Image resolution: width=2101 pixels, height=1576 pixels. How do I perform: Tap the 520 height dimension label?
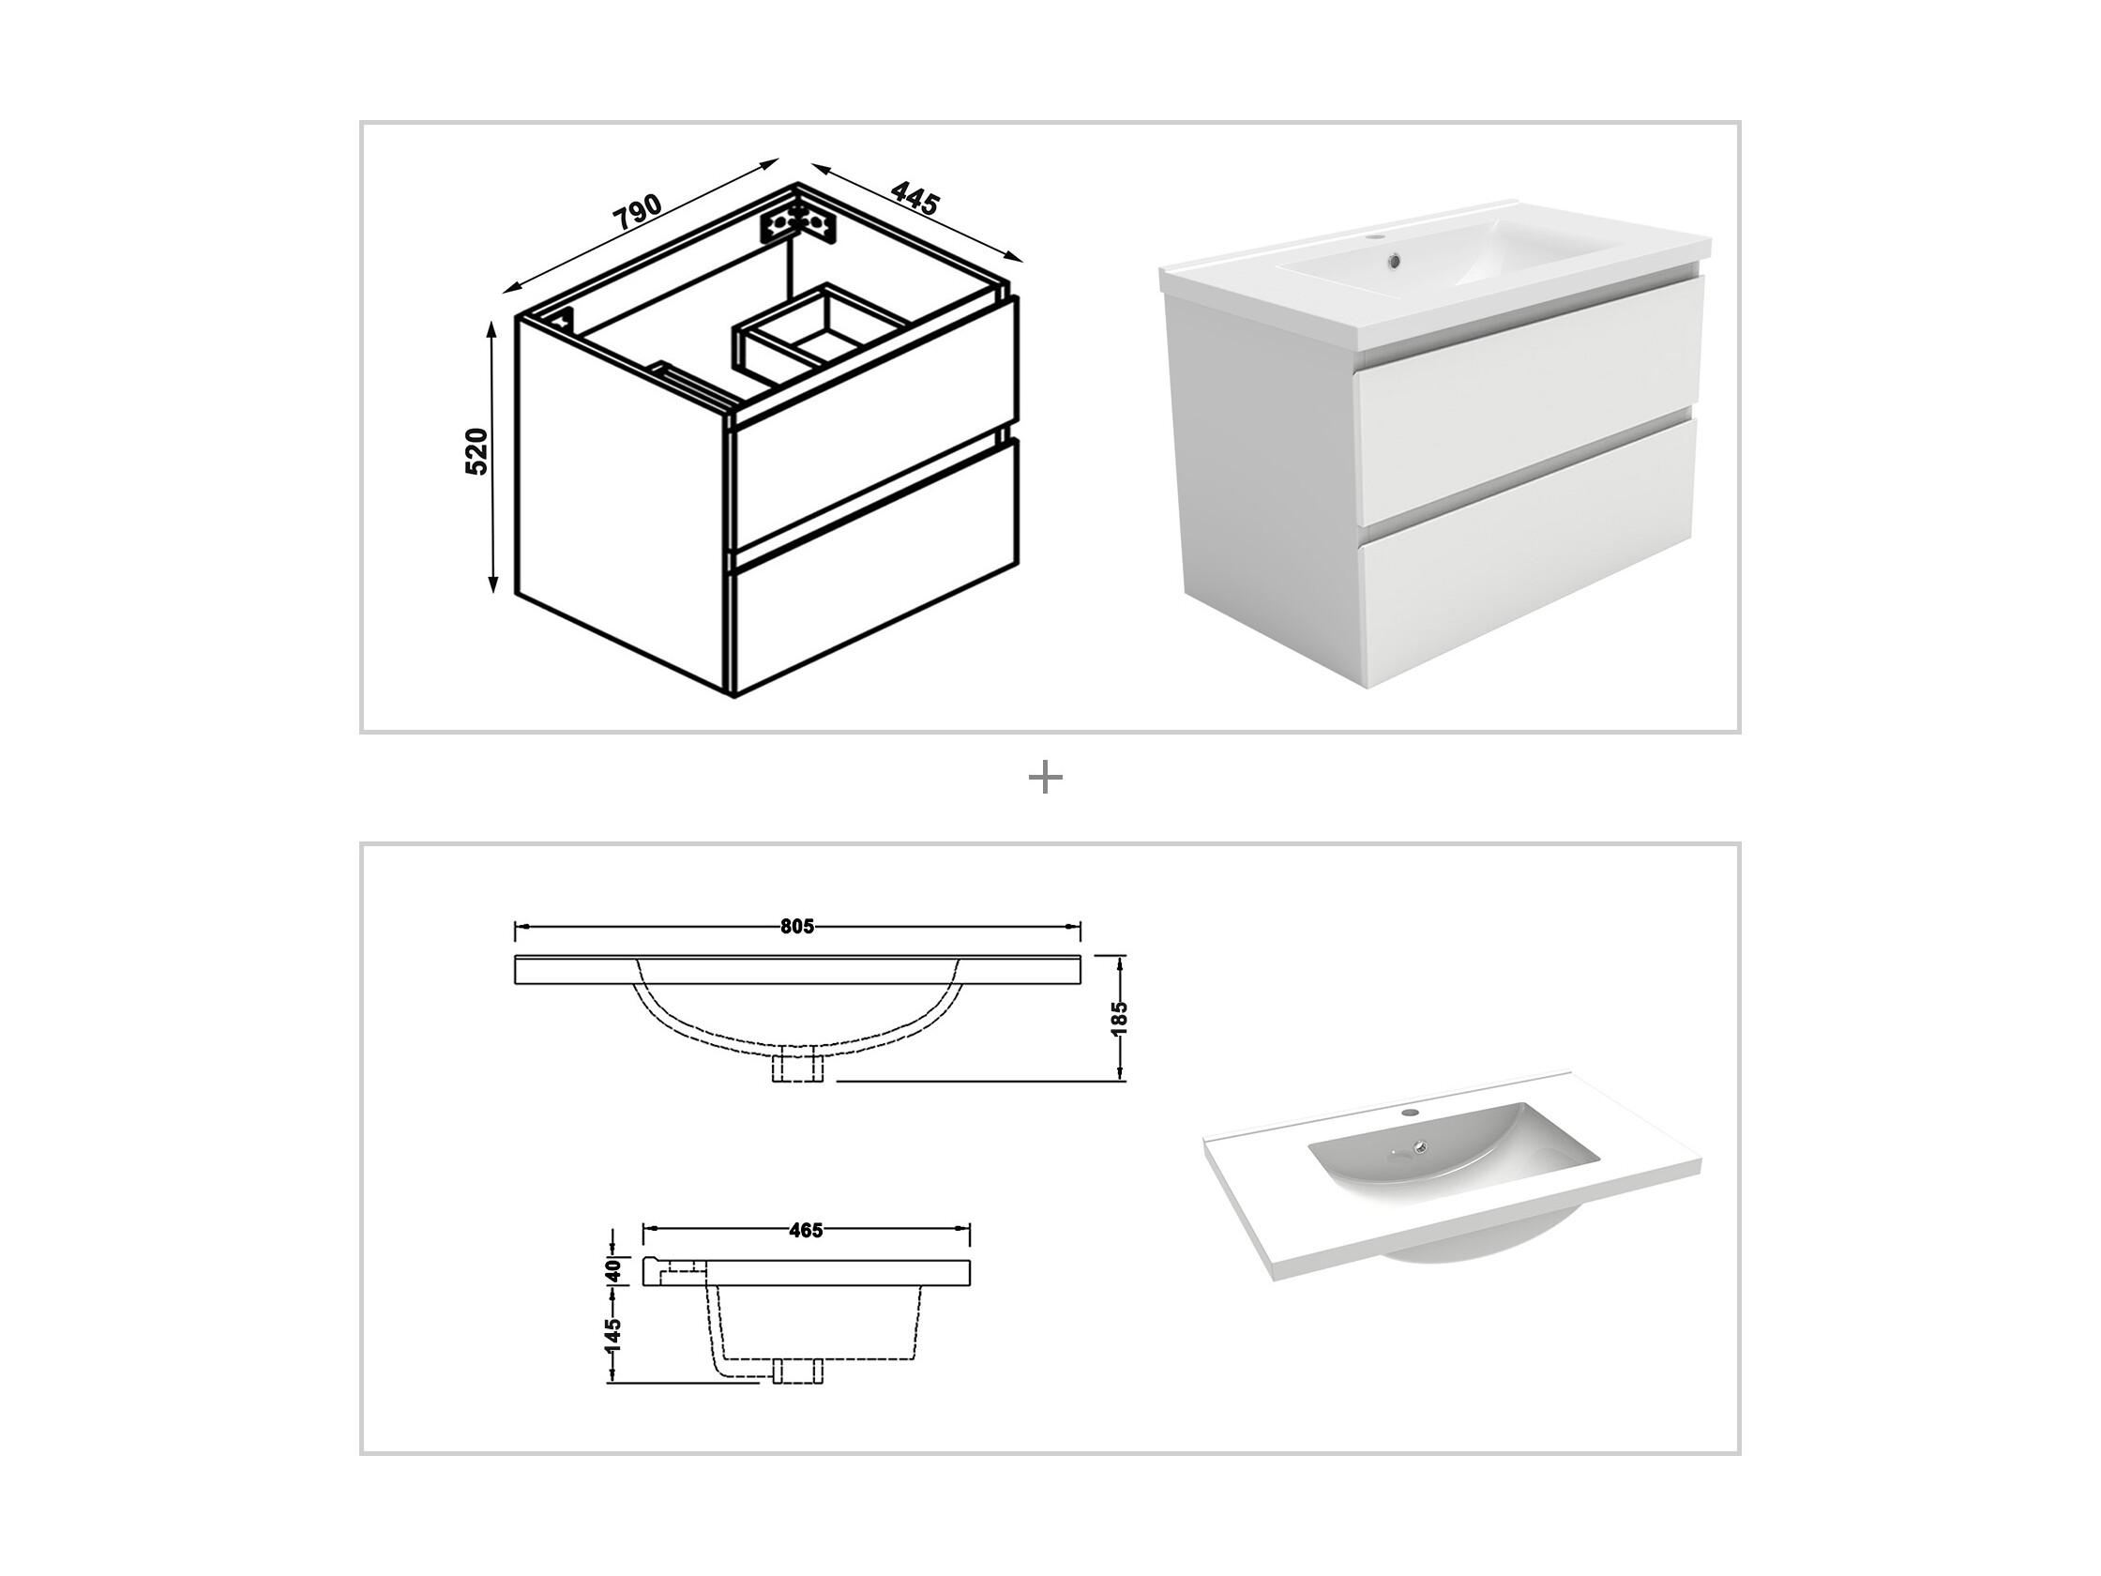tap(476, 452)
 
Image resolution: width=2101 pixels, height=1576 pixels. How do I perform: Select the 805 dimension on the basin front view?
tap(797, 927)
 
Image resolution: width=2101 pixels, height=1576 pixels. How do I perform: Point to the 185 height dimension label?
tap(1119, 1018)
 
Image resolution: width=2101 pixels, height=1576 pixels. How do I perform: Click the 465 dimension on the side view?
tap(806, 1231)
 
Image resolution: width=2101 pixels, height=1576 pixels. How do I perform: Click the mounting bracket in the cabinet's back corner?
tap(799, 225)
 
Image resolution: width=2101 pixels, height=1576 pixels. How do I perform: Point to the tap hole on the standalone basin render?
tap(1409, 1111)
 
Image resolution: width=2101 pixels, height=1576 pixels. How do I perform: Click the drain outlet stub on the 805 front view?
tap(798, 1065)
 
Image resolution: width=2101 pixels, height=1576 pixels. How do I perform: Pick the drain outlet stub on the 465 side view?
tap(798, 1370)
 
